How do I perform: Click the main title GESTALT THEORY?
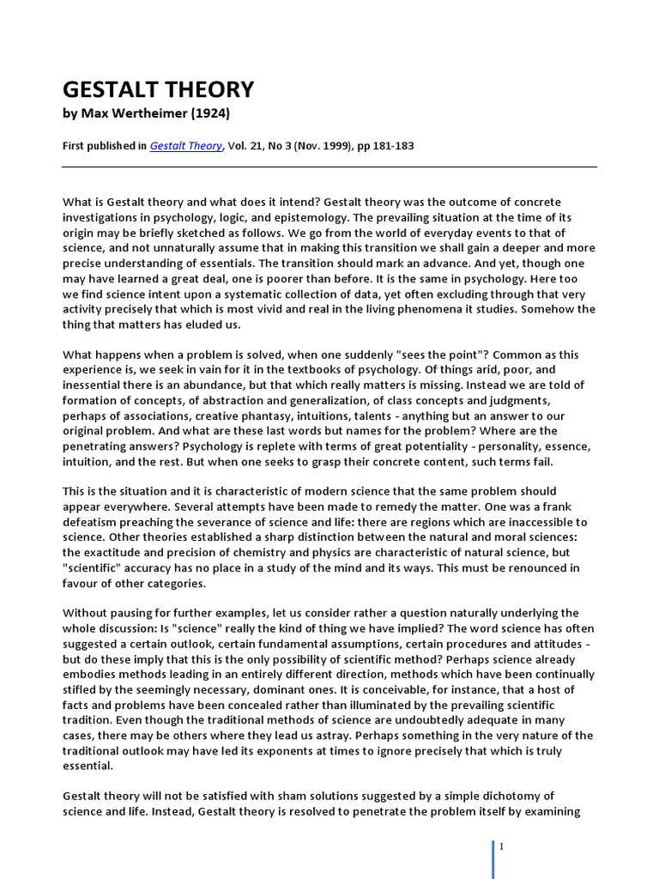click(159, 89)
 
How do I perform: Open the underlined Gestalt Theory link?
click(185, 146)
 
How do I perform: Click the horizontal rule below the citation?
click(329, 167)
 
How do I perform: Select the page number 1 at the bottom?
click(501, 846)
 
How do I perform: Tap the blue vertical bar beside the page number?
click(493, 858)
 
